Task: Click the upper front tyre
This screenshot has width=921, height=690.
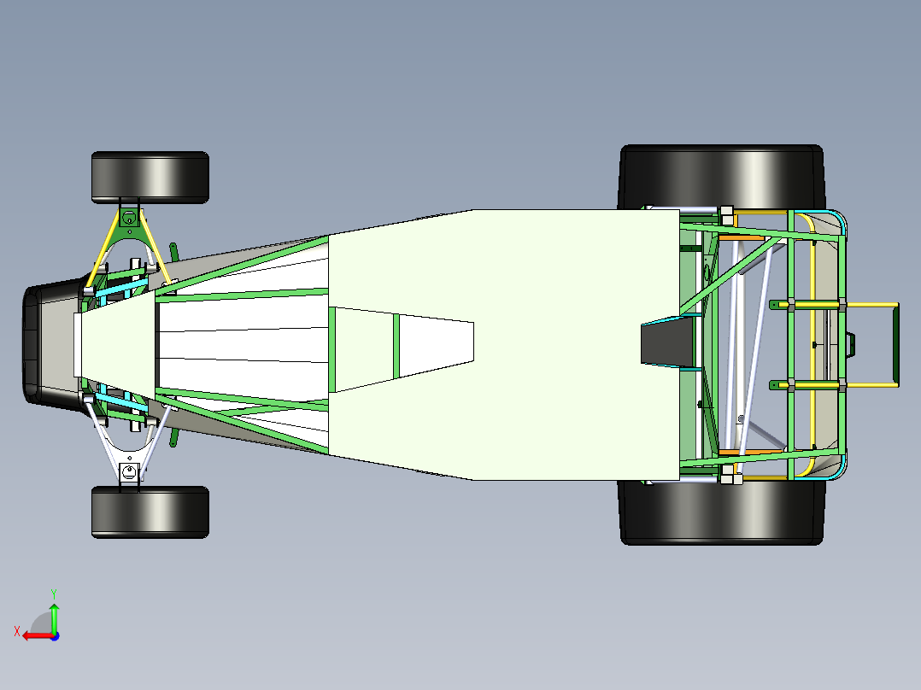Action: click(150, 178)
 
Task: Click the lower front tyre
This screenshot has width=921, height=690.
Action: click(150, 512)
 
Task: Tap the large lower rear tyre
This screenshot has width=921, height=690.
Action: click(721, 512)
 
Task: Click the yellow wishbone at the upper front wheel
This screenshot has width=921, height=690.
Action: click(128, 248)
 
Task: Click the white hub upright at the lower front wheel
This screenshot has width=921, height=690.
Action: click(129, 470)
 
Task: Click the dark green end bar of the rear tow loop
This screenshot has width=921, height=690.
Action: click(895, 345)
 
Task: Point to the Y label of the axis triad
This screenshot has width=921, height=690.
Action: click(54, 594)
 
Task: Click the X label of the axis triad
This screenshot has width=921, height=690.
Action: click(17, 631)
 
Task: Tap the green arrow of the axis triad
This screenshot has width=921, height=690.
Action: click(54, 617)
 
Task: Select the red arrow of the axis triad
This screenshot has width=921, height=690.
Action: click(38, 635)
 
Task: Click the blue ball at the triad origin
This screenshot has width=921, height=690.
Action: click(55, 636)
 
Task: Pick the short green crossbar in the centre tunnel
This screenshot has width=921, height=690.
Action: click(396, 347)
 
